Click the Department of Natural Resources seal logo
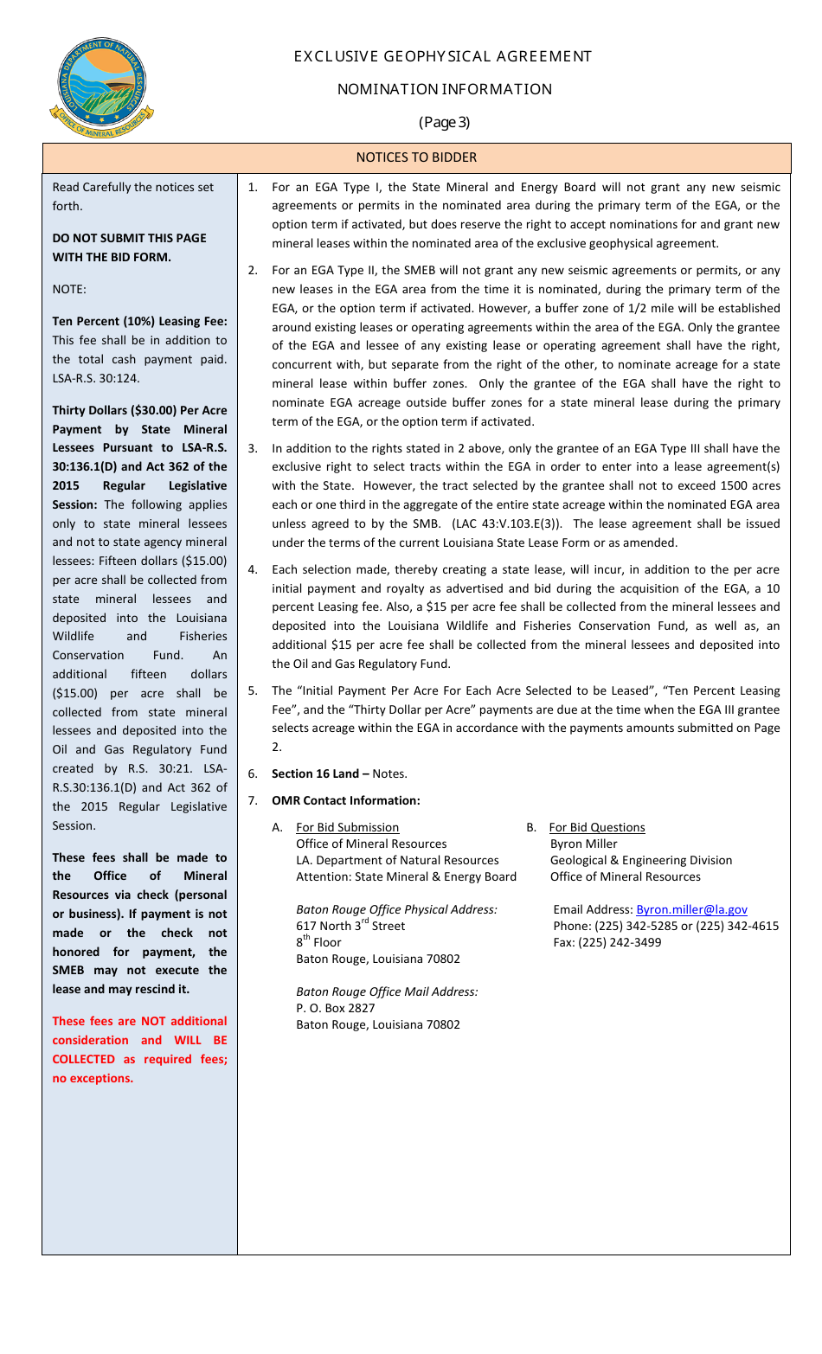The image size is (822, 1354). coord(102,87)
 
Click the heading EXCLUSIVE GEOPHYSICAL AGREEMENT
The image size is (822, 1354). coord(442,57)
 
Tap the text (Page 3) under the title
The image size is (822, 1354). coord(444,122)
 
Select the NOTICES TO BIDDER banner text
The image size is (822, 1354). coord(416,157)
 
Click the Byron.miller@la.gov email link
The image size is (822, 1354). coord(691,909)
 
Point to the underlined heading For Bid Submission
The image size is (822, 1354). coord(347,828)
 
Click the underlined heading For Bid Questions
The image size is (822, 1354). coord(597,828)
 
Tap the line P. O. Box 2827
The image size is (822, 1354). coord(336,1008)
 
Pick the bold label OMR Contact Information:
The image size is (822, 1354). coord(346,800)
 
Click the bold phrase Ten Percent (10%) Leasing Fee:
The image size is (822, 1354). coord(139,321)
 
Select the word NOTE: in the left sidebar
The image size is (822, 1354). coord(69,289)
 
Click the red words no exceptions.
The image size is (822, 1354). coord(93,1078)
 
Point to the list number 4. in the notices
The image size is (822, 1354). coord(253,569)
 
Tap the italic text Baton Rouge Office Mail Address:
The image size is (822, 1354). coord(387,991)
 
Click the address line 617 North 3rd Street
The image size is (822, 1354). coord(350,926)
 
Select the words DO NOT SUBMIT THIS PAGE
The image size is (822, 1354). coord(130,238)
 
